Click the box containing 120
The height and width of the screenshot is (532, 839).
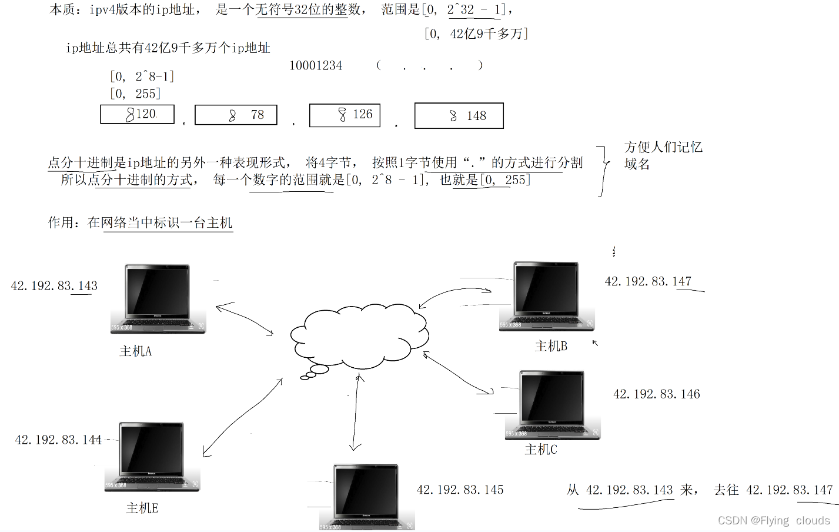coord(138,114)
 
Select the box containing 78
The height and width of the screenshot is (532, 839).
coord(236,115)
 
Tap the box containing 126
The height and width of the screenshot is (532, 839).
coord(345,115)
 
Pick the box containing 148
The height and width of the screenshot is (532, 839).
coord(459,116)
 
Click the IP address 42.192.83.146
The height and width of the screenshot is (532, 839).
coord(656,394)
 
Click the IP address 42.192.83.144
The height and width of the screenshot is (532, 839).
coord(58,440)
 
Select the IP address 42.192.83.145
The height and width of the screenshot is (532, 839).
coord(460,490)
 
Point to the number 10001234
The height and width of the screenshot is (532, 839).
coord(316,65)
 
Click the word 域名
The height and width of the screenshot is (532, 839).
coord(637,164)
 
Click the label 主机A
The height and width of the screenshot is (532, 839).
coord(135,351)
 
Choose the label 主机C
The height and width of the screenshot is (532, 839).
coord(540,450)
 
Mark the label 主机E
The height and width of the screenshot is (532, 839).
coord(142,508)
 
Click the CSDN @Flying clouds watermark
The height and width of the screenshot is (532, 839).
coord(774,520)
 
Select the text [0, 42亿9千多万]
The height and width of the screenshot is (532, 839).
coord(476,34)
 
